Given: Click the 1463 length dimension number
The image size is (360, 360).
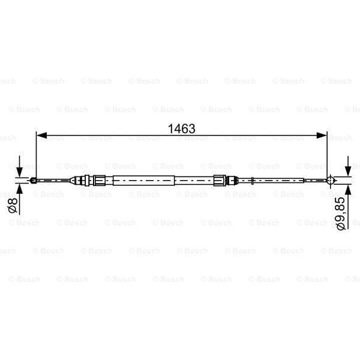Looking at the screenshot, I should click(182, 128).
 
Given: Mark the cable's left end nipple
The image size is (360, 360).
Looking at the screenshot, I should click(35, 179).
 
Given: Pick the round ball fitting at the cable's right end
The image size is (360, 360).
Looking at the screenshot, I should click(329, 179).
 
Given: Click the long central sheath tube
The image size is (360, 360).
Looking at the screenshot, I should click(144, 179).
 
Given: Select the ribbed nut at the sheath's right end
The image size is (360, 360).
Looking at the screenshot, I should click(220, 179).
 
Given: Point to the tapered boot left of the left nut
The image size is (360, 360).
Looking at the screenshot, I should click(78, 179).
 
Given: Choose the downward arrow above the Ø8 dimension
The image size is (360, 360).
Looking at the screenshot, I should click(20, 169).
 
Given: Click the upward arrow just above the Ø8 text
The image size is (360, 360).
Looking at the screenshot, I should click(20, 188).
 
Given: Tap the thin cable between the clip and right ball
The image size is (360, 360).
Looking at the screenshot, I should click(291, 179).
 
